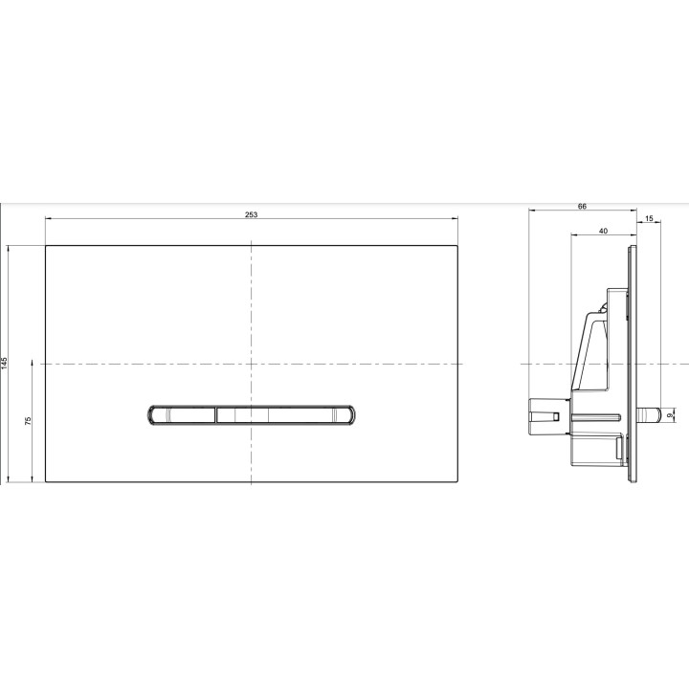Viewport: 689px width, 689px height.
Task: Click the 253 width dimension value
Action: (251, 215)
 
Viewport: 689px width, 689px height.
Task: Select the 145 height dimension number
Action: (6, 364)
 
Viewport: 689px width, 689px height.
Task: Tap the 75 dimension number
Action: (30, 422)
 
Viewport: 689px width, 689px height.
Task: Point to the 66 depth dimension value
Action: (582, 206)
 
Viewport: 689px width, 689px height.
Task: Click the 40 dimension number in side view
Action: (602, 232)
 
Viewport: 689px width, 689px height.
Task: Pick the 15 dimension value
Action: (650, 220)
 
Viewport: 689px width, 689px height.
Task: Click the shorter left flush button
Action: (182, 414)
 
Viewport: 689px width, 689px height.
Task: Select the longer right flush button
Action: (286, 414)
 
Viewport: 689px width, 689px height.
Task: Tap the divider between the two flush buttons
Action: (216, 414)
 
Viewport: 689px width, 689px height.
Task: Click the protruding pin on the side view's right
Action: (650, 415)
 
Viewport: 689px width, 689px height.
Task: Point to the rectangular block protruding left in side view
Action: (545, 415)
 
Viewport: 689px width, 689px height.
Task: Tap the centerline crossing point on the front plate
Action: (251, 364)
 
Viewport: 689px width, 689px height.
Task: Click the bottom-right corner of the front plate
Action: (457, 481)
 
